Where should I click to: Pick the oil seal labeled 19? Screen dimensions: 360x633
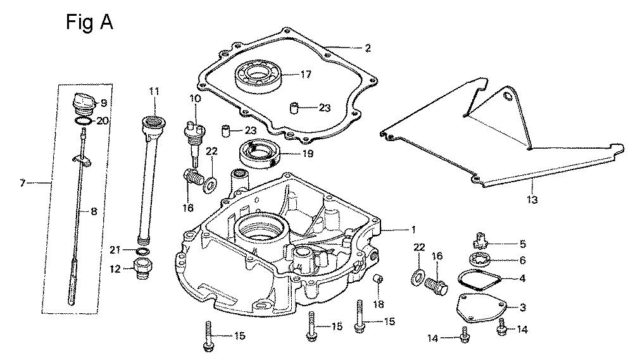tap(260, 153)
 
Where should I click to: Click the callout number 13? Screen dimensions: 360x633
tap(532, 200)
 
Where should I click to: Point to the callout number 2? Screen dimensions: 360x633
tap(368, 47)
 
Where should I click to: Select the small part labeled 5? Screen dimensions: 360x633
tap(483, 240)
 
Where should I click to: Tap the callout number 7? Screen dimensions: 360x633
tap(23, 183)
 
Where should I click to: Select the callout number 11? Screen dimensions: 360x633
tap(154, 91)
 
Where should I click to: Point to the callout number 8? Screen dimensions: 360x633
tap(94, 213)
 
